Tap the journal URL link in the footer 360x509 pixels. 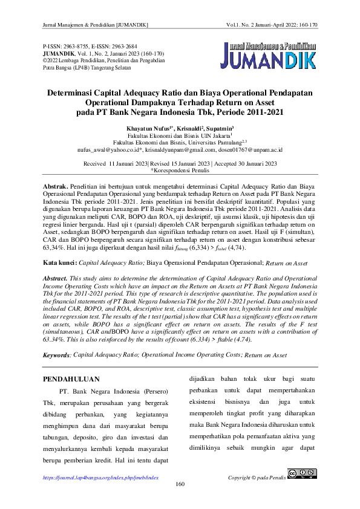pos(100,478)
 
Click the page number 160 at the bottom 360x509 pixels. pos(180,484)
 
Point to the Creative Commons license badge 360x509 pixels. pos(303,474)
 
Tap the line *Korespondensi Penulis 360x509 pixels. pos(180,170)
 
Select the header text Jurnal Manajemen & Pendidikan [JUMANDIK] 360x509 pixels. pos(96,25)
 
